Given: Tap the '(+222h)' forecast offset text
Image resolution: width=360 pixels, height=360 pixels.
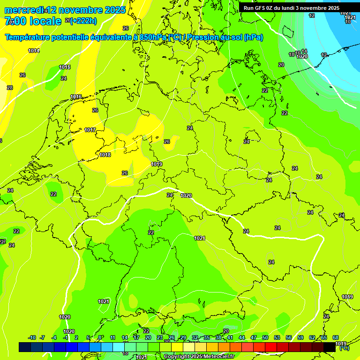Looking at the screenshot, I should click(83, 21).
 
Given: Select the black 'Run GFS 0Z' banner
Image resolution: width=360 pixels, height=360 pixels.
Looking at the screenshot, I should click(291, 8).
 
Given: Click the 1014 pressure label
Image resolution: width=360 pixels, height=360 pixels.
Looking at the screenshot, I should click(34, 51).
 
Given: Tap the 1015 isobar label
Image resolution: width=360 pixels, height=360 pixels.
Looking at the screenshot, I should click(65, 67).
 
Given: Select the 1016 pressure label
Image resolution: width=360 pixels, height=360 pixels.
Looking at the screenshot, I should click(76, 97).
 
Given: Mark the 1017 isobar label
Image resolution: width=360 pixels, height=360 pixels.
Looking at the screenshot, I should click(90, 130).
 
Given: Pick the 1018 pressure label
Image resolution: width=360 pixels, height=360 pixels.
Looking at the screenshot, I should click(105, 155).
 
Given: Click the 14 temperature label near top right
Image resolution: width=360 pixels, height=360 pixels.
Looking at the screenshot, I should click(304, 51).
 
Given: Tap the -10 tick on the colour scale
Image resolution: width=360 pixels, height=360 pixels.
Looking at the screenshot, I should click(32, 337).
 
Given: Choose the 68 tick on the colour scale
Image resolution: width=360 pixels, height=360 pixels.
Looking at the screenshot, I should click(335, 337).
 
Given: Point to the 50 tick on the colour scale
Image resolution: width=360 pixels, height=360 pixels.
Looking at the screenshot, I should click(265, 337).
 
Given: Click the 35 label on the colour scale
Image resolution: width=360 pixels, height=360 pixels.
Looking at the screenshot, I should click(207, 337).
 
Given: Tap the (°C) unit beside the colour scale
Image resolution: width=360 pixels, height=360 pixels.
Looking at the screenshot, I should click(344, 348).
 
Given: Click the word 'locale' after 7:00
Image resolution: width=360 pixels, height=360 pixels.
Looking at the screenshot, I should click(45, 21).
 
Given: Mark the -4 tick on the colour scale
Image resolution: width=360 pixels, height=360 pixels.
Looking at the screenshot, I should click(54, 337).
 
